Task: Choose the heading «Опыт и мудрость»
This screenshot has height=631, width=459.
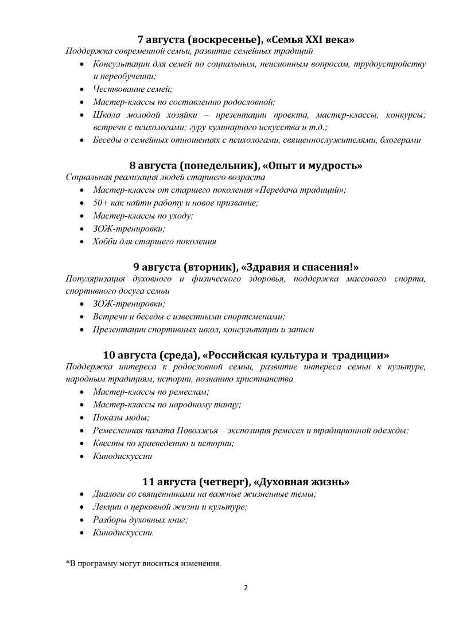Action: (x=312, y=166)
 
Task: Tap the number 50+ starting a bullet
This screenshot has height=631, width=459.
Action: (x=100, y=203)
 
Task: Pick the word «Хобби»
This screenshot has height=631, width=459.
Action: (x=105, y=241)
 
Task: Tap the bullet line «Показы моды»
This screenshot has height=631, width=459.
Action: (x=121, y=418)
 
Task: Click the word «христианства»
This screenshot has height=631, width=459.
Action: (x=265, y=379)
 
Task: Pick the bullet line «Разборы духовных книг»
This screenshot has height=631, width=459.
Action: (x=140, y=520)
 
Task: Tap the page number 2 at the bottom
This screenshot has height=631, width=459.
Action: (x=246, y=587)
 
